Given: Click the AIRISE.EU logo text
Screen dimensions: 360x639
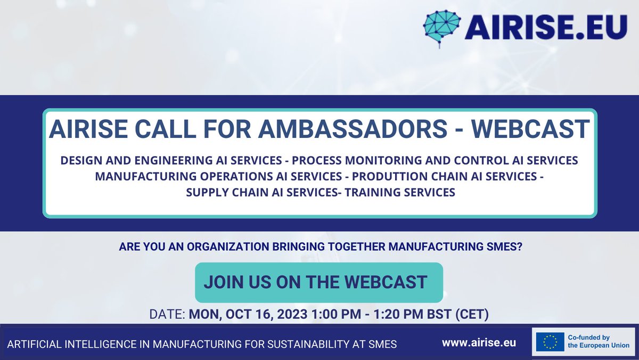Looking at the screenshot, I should click(x=546, y=27).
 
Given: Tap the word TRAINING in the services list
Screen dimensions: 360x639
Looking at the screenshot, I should click(x=372, y=192).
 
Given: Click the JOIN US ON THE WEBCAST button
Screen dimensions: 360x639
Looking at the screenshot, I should click(x=318, y=282).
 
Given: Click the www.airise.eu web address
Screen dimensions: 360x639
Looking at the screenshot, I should click(x=479, y=343).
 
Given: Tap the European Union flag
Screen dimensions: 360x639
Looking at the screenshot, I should click(x=550, y=343).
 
